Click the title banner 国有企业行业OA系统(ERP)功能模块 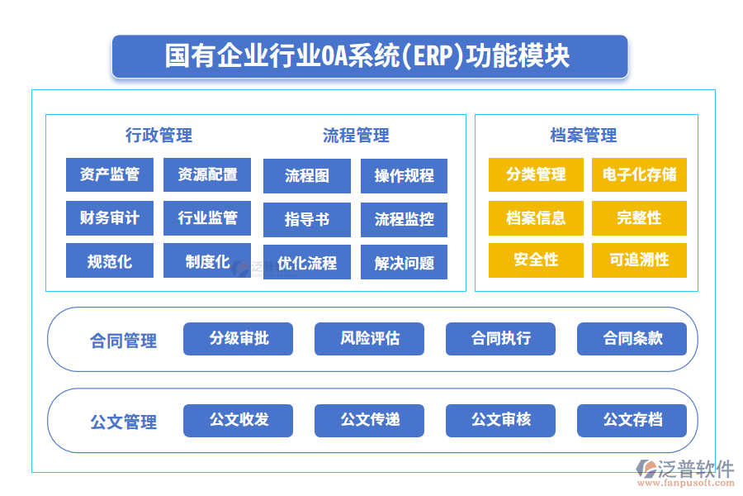coord(369,56)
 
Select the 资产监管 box coord(109,174)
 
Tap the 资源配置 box coord(207,174)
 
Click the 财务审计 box coord(109,218)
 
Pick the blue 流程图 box coord(306,175)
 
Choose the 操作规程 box coord(404,175)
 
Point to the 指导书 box coord(306,219)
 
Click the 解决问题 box coord(404,263)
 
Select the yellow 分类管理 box coord(536,174)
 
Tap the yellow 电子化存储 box coord(639,174)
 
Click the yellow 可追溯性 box coord(639,260)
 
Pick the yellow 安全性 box coord(536,260)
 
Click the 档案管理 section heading coord(584,136)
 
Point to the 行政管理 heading coord(159,135)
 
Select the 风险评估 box coord(369,338)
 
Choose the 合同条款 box coord(632,338)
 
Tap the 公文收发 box coord(238,420)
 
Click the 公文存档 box coord(632,420)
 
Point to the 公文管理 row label coord(123,422)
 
